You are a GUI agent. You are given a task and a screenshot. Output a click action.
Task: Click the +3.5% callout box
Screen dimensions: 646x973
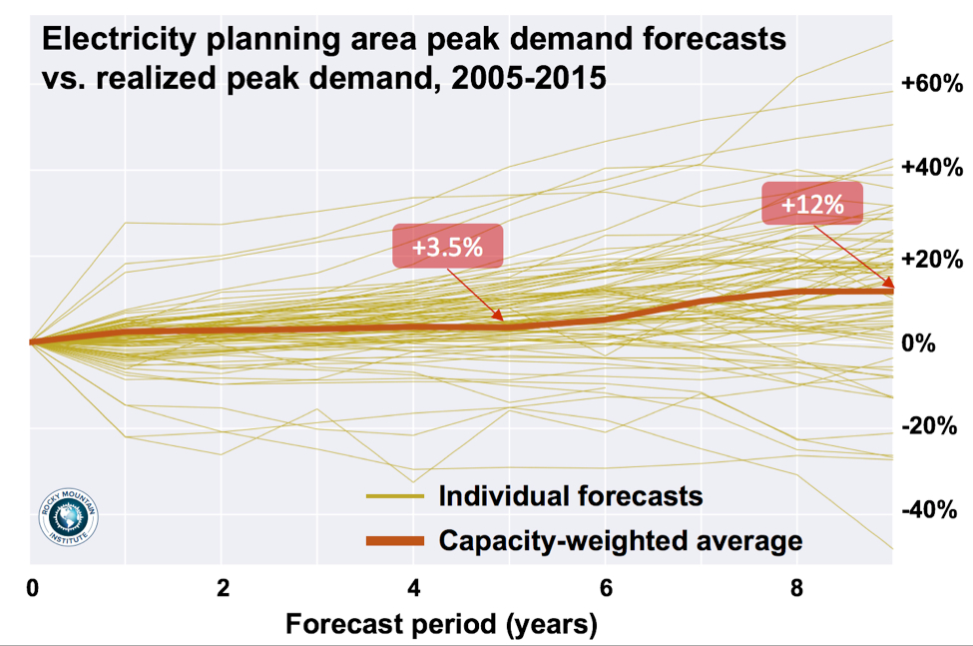(448, 247)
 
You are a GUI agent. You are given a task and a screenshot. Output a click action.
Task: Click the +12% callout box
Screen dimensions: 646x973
(811, 205)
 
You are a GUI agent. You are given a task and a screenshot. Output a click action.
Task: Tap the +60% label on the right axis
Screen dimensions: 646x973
(928, 84)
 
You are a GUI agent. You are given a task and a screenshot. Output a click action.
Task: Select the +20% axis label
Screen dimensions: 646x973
(928, 257)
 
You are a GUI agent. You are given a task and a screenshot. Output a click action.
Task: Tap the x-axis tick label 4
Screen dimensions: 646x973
(413, 588)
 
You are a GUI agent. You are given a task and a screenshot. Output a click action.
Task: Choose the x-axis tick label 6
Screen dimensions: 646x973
(605, 588)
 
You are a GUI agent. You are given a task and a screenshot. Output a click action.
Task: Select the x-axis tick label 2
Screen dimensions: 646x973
(221, 588)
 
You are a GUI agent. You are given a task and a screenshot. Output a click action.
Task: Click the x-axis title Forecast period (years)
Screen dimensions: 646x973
(442, 626)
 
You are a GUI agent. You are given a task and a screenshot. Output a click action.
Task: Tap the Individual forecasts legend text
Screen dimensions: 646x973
(571, 495)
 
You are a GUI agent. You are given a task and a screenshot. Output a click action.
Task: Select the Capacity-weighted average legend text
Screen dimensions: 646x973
(621, 541)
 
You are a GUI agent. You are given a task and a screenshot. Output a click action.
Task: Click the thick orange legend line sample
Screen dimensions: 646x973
(395, 541)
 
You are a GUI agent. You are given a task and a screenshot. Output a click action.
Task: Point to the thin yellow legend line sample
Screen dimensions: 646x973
(395, 496)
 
